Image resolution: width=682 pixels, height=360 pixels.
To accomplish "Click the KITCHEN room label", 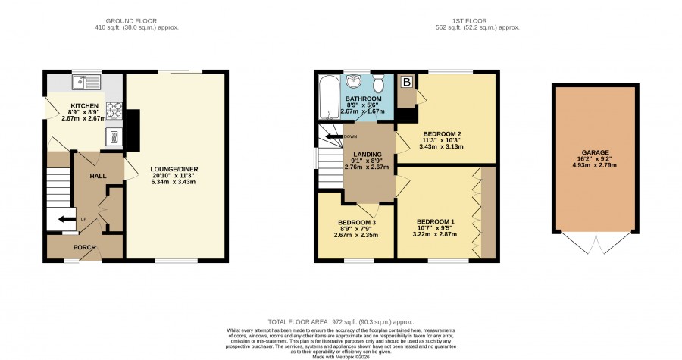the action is [84, 105].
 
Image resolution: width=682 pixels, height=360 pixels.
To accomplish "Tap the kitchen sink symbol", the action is [87, 82].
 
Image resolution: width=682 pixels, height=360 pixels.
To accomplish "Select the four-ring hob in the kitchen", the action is [114, 110].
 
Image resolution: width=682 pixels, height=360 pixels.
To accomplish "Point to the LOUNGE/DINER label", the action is [174, 169].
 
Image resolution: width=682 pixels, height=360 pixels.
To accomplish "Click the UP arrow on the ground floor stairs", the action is [67, 219].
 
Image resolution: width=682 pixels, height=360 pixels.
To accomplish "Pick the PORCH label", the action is [84, 247].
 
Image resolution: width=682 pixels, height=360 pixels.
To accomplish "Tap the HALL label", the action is [98, 176].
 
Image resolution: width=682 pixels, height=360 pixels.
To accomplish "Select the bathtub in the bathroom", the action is [327, 97].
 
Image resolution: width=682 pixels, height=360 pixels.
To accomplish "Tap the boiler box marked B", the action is [407, 82].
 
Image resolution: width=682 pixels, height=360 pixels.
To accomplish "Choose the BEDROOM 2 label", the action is [442, 134].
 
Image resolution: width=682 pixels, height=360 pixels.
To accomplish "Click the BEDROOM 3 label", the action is [357, 223].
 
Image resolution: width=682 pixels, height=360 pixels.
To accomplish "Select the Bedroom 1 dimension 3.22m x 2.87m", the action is [434, 234].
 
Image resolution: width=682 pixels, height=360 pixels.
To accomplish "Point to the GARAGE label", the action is [596, 152].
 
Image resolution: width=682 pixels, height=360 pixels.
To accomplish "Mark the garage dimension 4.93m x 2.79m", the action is [595, 165].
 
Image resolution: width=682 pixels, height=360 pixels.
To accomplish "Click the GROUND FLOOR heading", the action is [131, 21].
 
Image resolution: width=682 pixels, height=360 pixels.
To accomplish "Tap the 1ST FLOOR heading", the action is [470, 21].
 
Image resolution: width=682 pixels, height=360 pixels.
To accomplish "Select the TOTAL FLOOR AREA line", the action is [341, 322].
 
